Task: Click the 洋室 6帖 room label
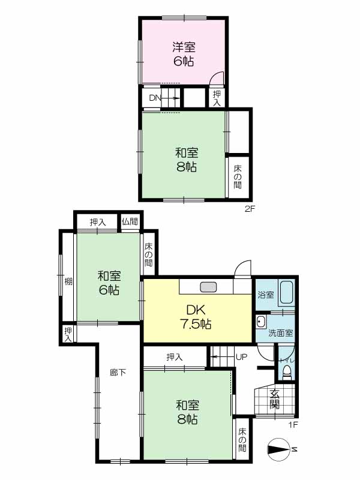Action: click(184, 54)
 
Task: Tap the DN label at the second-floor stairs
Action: click(155, 98)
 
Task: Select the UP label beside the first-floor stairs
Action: click(241, 357)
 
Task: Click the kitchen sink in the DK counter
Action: click(208, 287)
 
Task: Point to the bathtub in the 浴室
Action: click(287, 292)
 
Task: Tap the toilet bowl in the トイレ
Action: click(287, 373)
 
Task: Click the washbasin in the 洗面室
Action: click(261, 322)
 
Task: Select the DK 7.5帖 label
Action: click(196, 317)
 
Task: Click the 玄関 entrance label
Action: click(274, 399)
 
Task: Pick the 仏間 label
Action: click(130, 221)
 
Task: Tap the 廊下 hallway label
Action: click(118, 372)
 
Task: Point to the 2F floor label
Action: click(250, 209)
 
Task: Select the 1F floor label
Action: click(293, 425)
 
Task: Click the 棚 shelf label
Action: click(68, 281)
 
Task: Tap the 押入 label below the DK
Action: click(175, 357)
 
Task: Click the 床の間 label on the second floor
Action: click(238, 176)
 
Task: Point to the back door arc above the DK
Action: click(243, 266)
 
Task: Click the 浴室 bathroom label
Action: click(266, 295)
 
